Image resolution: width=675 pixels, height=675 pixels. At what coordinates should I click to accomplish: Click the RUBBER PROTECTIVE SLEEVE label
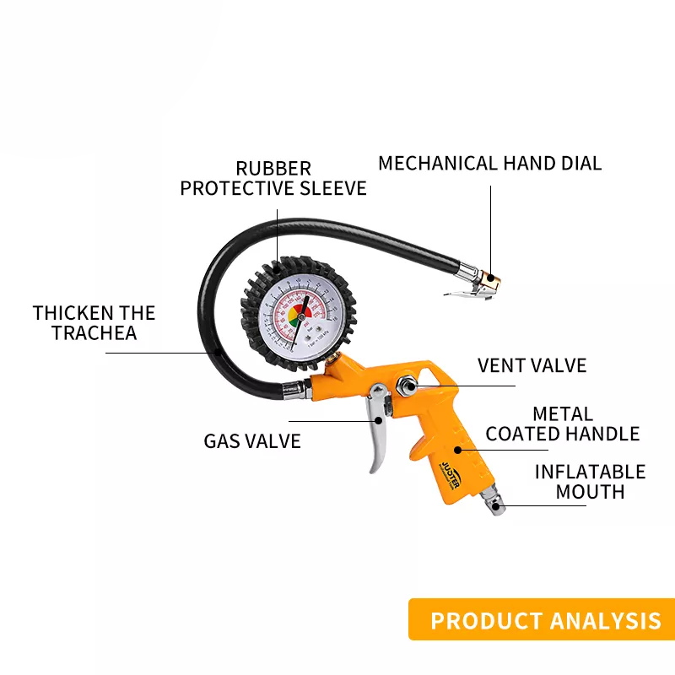tap(273, 178)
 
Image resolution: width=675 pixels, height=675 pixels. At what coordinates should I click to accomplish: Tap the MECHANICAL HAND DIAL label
tap(489, 163)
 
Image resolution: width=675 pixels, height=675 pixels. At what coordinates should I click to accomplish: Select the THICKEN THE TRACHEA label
tap(94, 322)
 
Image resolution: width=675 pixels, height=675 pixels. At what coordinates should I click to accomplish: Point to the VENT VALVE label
tap(532, 365)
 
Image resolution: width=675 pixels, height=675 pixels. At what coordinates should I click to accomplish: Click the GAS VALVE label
tap(251, 440)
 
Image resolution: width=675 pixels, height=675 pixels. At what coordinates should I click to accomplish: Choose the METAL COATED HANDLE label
tap(563, 424)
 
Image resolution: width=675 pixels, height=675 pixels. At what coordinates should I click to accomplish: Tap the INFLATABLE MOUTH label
tap(590, 481)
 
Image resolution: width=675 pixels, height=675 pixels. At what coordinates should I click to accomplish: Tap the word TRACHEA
tap(94, 332)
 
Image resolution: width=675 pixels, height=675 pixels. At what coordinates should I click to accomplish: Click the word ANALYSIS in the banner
tap(604, 621)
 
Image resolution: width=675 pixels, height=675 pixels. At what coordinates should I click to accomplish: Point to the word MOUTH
tap(590, 491)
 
